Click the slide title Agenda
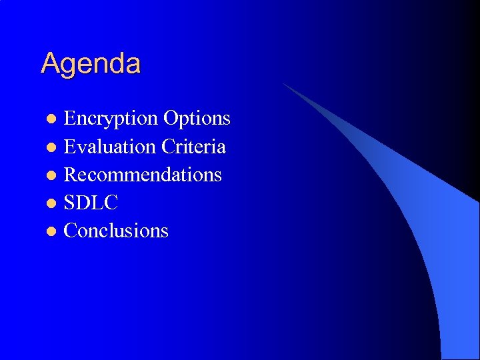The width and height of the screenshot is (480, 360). tap(91, 64)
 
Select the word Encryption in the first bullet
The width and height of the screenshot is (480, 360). tap(110, 119)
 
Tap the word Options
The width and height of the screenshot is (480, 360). tap(197, 119)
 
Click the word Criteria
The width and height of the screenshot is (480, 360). tap(194, 146)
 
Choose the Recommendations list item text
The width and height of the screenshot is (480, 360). tap(143, 175)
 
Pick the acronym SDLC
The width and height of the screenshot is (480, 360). tap(91, 203)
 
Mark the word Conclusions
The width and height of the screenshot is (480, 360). tap(116, 231)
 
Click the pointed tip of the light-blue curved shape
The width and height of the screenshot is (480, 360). tap(284, 84)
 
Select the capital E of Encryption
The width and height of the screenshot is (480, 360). tap(69, 119)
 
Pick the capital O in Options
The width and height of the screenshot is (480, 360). tap(170, 119)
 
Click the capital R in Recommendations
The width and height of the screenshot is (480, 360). tap(70, 175)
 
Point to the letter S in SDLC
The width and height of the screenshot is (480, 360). tap(69, 203)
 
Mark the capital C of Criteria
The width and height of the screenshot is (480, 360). tap(168, 146)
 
